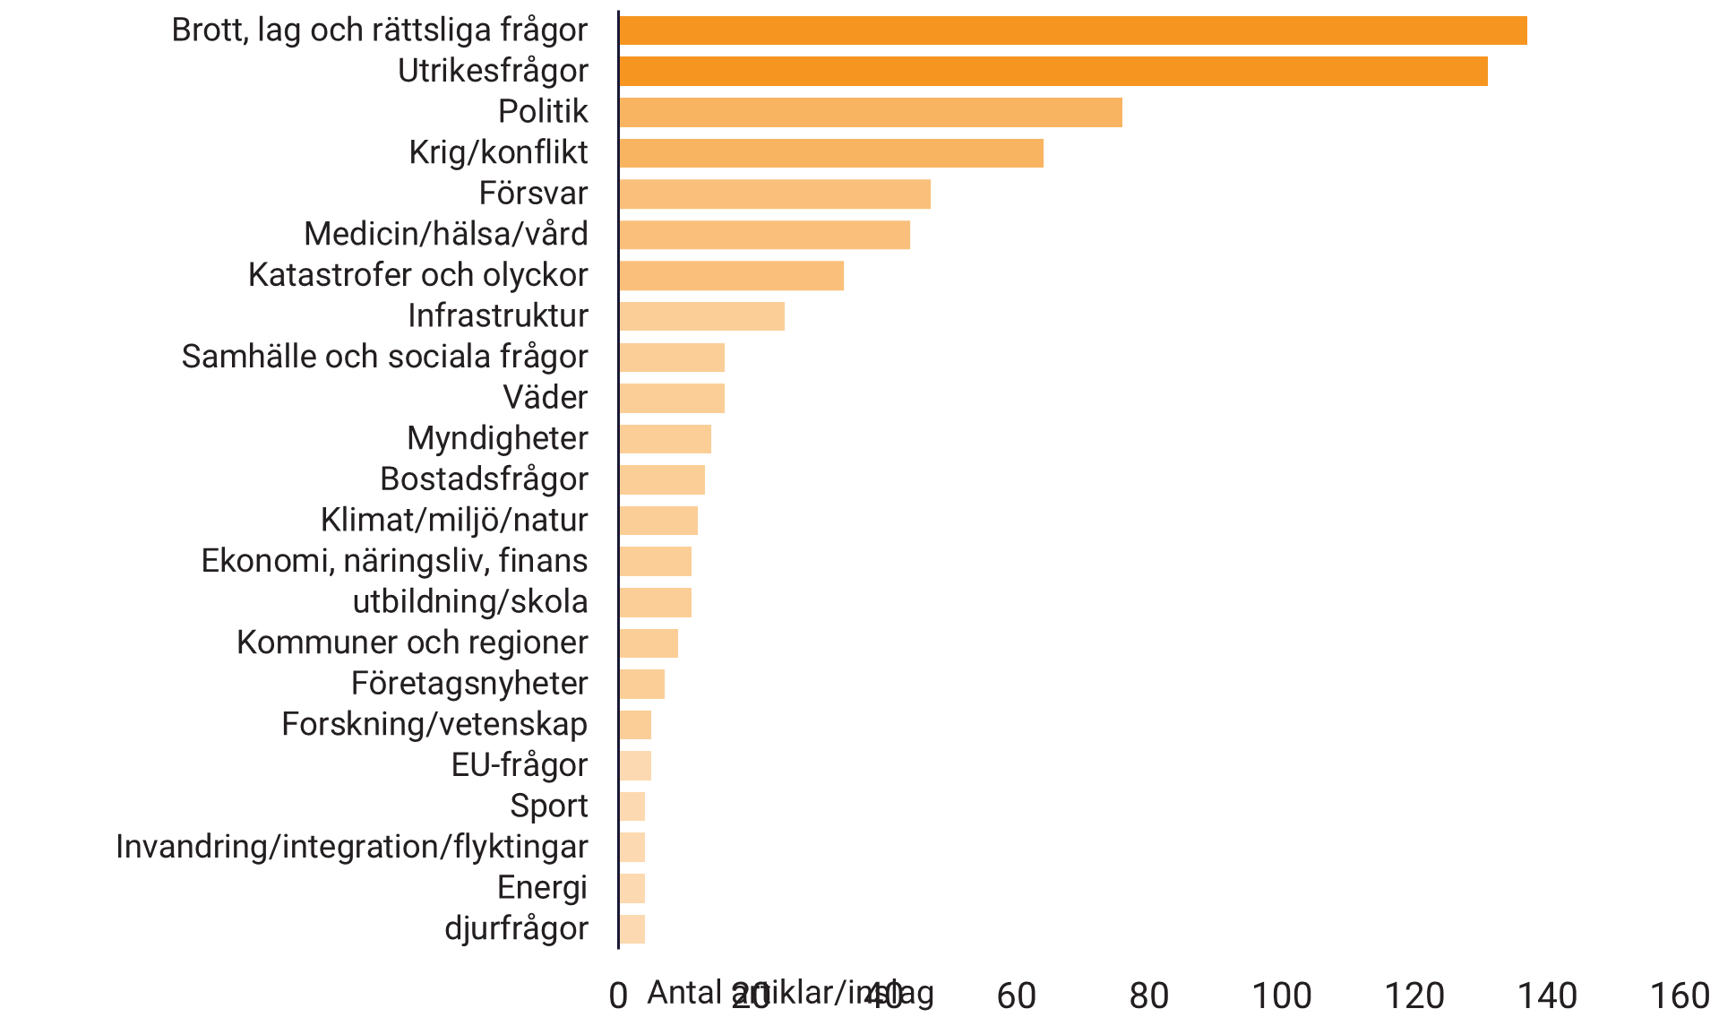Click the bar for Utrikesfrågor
tap(1053, 72)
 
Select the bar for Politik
tap(870, 113)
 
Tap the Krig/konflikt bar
tap(830, 153)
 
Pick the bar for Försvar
tap(775, 194)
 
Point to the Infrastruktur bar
tap(701, 316)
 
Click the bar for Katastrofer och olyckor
tap(731, 276)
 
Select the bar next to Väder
tap(672, 398)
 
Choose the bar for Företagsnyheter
tap(641, 684)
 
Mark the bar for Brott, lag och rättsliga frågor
tap(1072, 30)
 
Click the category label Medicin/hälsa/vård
tap(445, 235)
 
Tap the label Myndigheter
tap(497, 439)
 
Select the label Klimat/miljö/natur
tap(454, 521)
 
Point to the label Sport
tap(548, 806)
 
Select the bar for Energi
tap(632, 888)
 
